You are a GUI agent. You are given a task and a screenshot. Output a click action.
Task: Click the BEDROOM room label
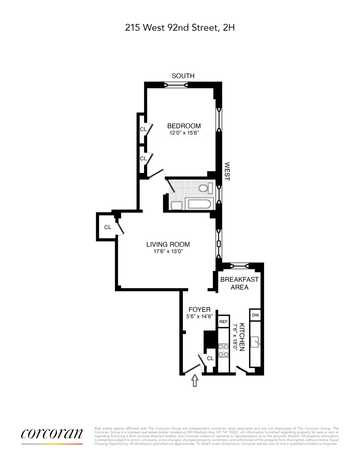[184, 126]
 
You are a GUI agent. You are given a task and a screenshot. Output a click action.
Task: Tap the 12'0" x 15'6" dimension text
[184, 133]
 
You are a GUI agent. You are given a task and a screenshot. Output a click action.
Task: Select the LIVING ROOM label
[168, 245]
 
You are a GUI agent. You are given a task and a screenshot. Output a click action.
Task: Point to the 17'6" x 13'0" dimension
[168, 251]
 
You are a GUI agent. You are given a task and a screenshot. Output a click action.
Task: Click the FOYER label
[199, 309]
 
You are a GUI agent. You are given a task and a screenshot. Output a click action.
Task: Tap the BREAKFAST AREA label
[239, 283]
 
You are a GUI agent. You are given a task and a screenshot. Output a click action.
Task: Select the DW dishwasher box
[255, 315]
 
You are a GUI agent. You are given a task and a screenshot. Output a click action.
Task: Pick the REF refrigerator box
[223, 322]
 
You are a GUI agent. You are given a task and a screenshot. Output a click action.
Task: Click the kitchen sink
[255, 342]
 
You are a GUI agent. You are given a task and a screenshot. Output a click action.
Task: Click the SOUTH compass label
[183, 76]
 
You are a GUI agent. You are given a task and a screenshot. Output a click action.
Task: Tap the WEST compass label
[227, 171]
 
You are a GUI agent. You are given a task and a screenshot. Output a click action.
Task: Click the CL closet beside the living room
[108, 227]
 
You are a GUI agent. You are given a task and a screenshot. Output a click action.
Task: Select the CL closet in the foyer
[210, 358]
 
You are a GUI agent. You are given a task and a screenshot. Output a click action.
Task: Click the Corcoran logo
[52, 434]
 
